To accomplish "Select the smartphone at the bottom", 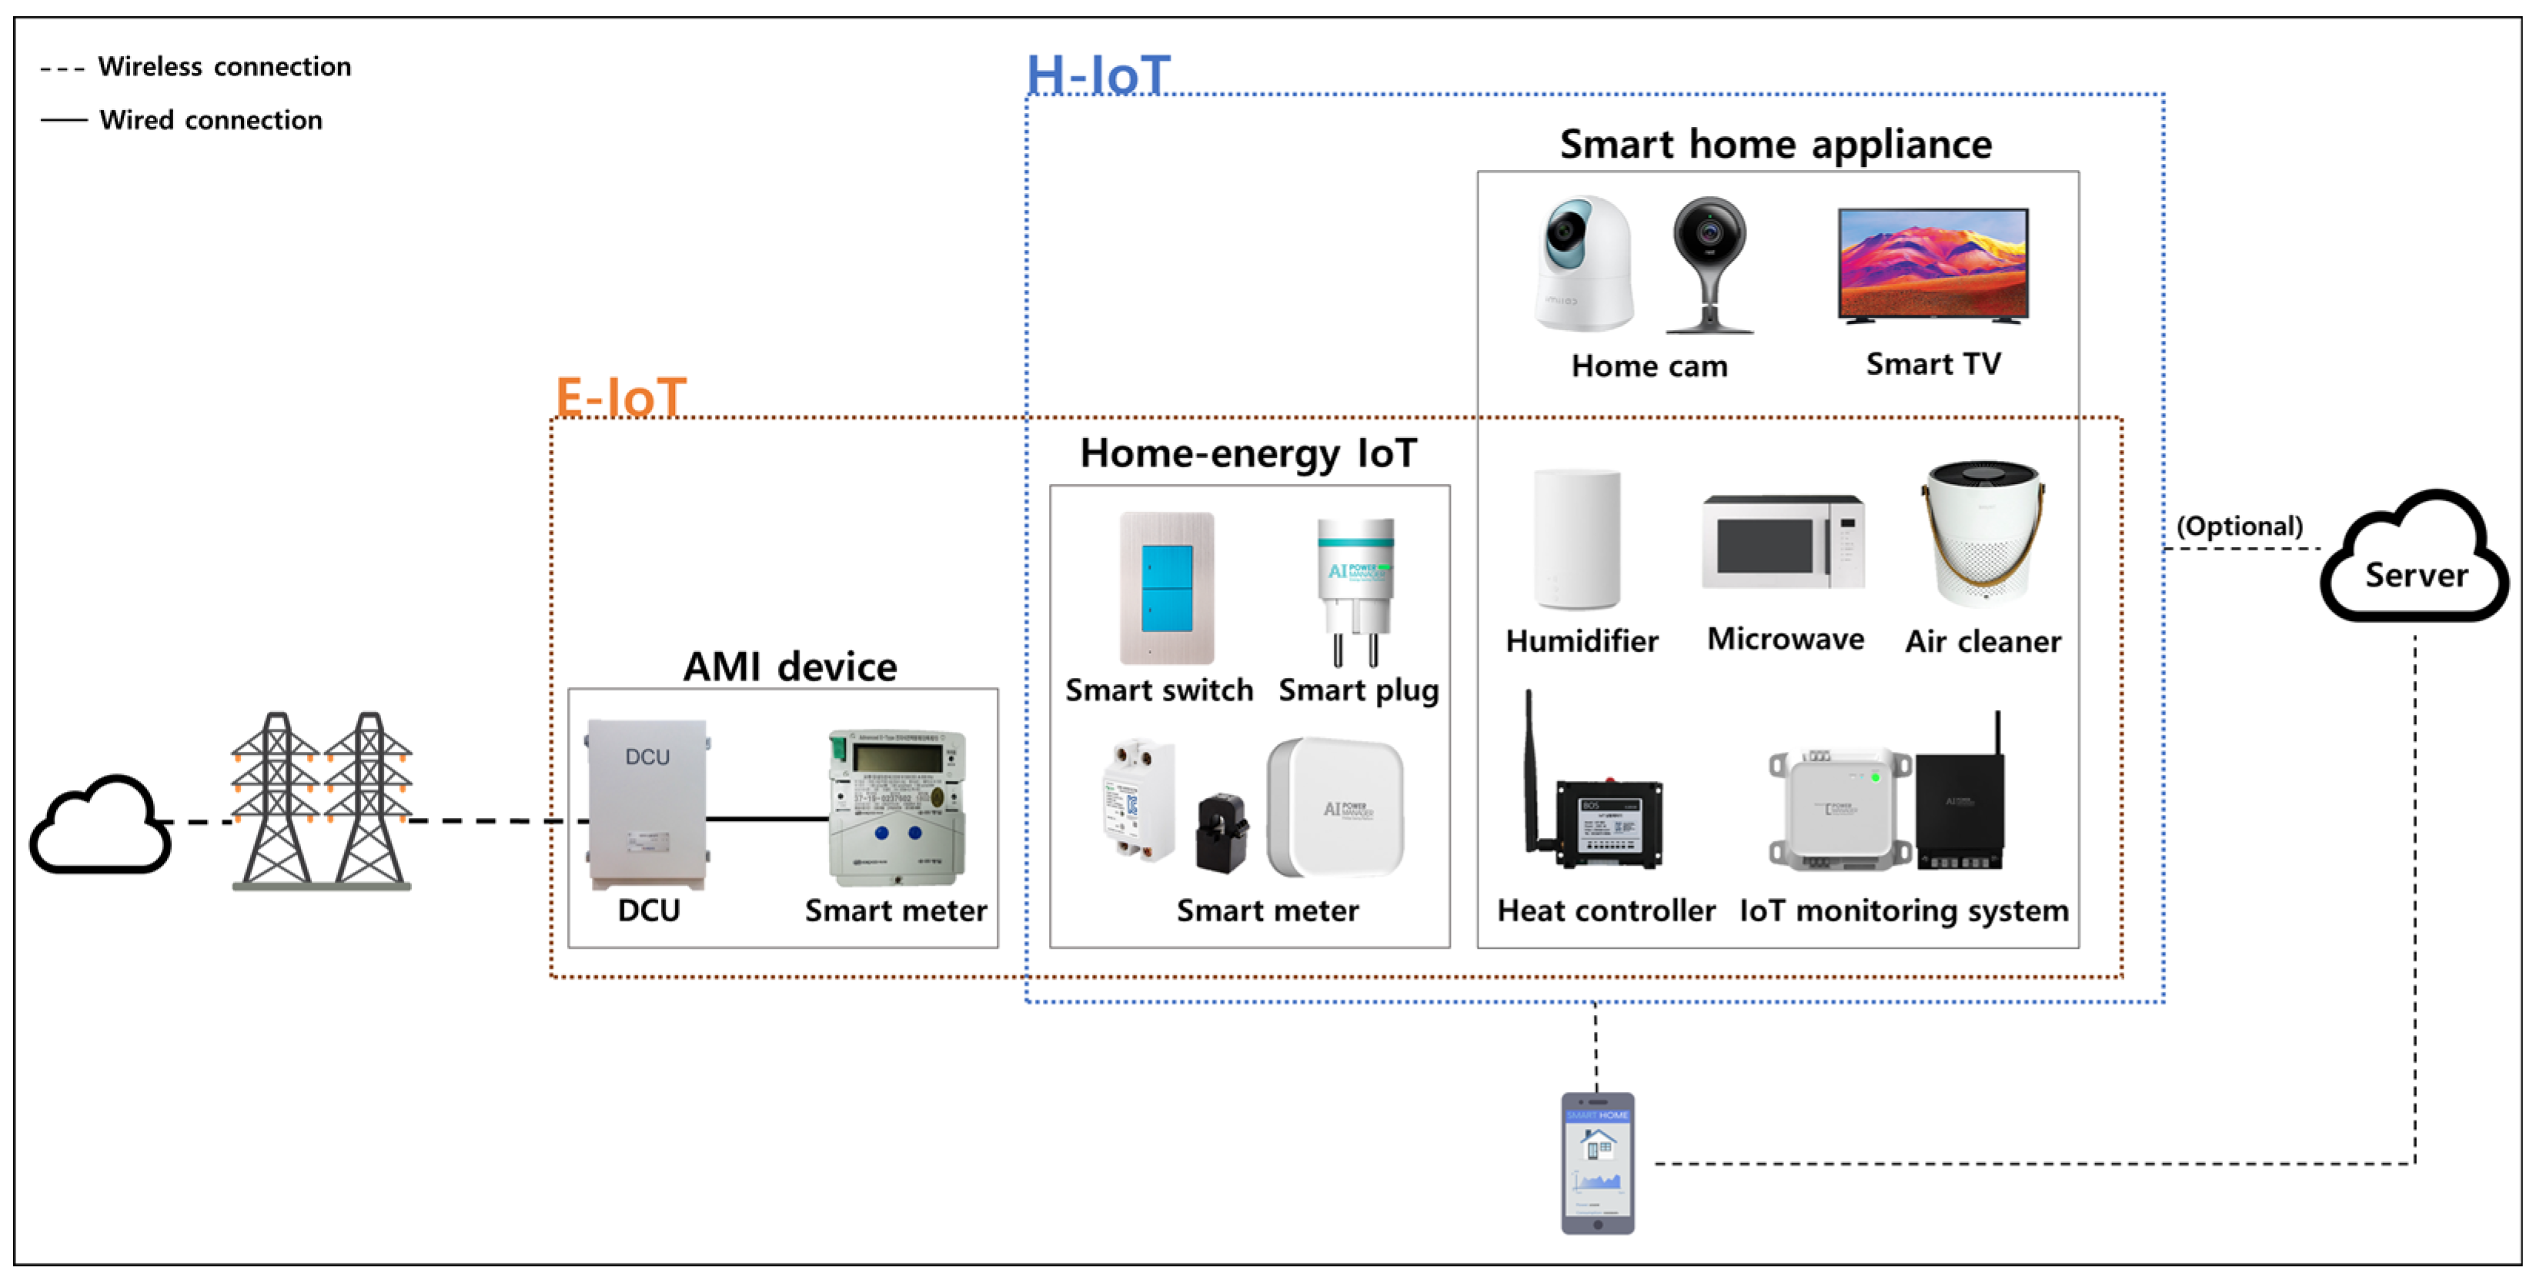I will pyautogui.click(x=1598, y=1162).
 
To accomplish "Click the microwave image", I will pyautogui.click(x=1783, y=542).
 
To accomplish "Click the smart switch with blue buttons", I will pyautogui.click(x=1167, y=587).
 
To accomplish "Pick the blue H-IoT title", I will pyautogui.click(x=1098, y=75).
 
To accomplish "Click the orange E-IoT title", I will pyautogui.click(x=620, y=398).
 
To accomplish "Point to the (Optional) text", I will pyautogui.click(x=2239, y=526).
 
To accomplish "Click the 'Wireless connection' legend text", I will pyautogui.click(x=224, y=67).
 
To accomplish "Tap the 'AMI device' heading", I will pyautogui.click(x=790, y=666).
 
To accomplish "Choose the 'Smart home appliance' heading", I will pyautogui.click(x=1775, y=145).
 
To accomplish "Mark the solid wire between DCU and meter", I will pyautogui.click(x=767, y=818).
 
